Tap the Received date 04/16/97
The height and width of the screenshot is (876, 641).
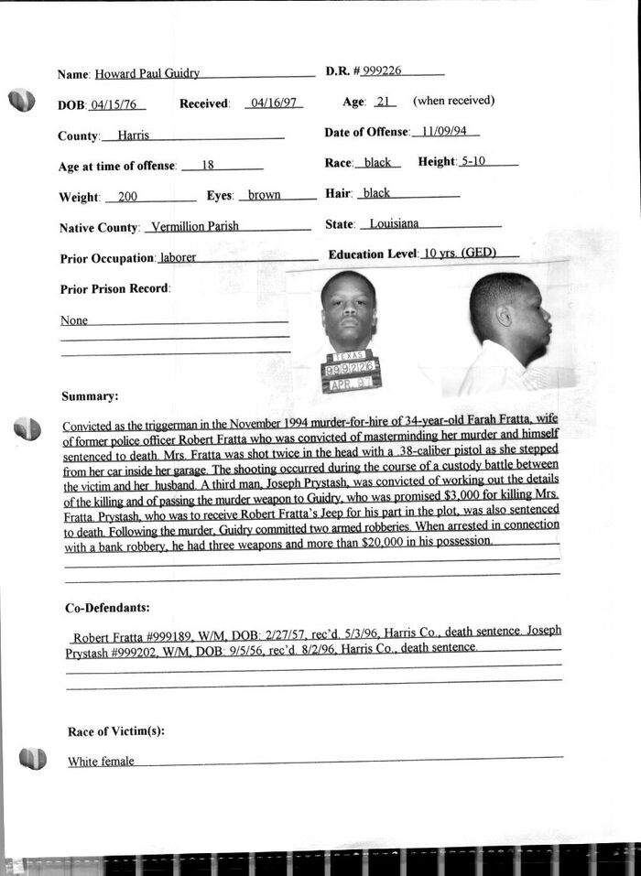click(x=274, y=103)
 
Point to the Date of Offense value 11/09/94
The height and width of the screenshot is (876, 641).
click(x=445, y=132)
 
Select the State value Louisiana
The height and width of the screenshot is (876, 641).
click(x=394, y=223)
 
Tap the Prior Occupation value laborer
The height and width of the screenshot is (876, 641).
click(x=178, y=258)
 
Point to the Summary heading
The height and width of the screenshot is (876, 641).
click(x=90, y=396)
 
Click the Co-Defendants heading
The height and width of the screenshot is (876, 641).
click(x=108, y=608)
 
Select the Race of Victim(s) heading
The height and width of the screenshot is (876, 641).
click(x=115, y=731)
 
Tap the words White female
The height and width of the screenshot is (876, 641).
click(x=101, y=762)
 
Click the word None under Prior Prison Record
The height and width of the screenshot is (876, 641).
click(x=74, y=321)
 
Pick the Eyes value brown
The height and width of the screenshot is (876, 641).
click(x=264, y=195)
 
